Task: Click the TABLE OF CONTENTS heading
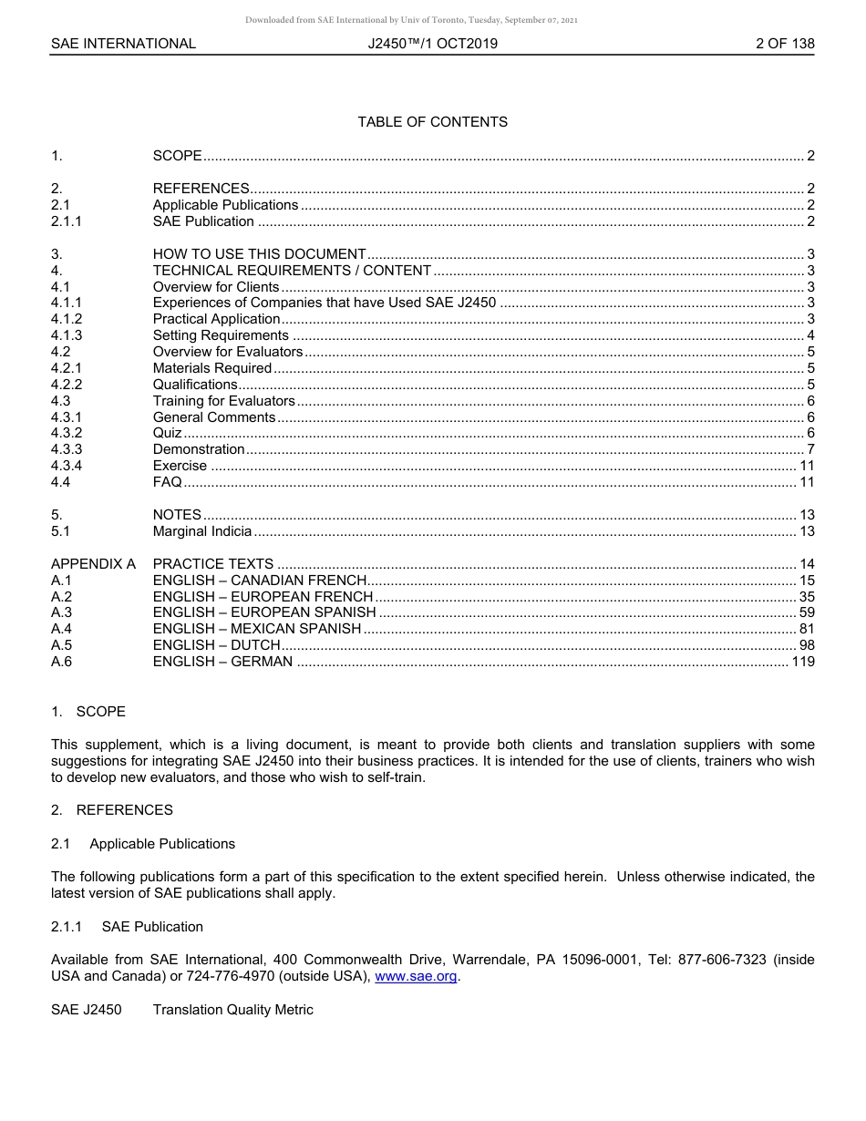432,121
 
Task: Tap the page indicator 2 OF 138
785,43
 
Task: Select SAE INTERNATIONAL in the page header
123,43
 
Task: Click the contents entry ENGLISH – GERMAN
222,662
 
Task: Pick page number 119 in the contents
803,662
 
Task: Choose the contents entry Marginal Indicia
201,531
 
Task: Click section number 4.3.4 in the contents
67,466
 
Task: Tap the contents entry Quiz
167,433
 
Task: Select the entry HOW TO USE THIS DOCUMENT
259,254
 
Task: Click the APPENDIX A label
93,564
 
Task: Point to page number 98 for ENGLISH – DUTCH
807,645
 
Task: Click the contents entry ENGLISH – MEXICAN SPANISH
257,629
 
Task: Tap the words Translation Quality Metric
232,1009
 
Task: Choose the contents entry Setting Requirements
221,335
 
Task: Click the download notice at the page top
411,20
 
